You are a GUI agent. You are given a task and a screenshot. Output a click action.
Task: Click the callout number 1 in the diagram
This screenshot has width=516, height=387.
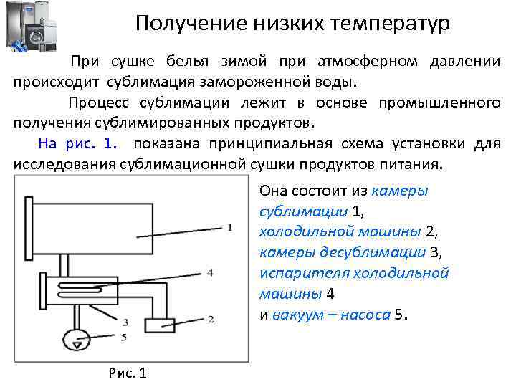[229, 227]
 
